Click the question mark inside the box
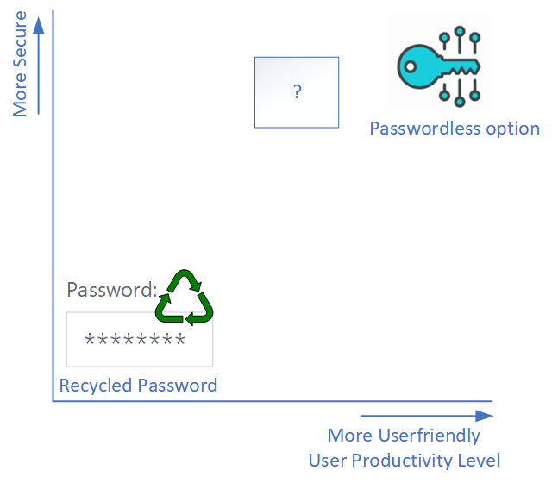point(297,92)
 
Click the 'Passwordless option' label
point(455,129)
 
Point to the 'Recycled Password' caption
point(138,385)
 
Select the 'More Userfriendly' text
point(404,436)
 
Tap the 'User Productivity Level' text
point(404,460)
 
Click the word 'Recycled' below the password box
point(94,385)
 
